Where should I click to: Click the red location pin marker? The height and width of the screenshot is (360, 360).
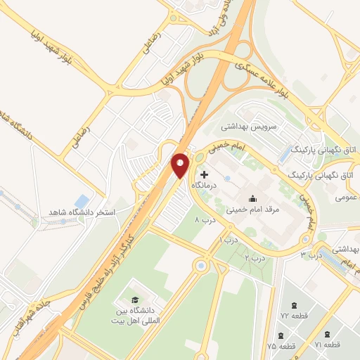coord(181,165)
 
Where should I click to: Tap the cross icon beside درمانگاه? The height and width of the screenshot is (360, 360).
coord(205,174)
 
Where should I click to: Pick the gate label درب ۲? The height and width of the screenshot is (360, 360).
coord(255,258)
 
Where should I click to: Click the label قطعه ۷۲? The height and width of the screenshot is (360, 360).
coord(290,315)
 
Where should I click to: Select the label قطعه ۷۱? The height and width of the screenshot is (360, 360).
coord(328,345)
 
